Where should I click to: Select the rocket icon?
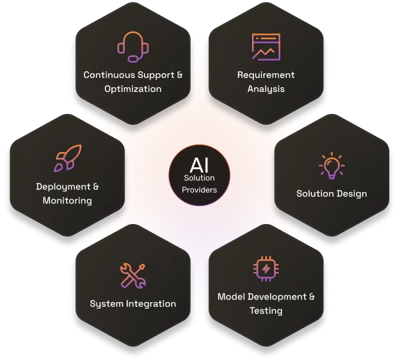click(68, 158)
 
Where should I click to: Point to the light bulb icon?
click(331, 166)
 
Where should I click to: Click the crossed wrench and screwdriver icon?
click(133, 276)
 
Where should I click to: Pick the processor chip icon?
click(266, 269)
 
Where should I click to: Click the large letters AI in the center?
click(199, 165)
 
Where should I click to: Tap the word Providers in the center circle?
click(199, 190)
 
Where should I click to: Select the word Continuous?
click(109, 75)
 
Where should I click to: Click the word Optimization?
click(133, 89)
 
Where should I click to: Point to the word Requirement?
click(266, 75)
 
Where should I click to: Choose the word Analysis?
click(266, 89)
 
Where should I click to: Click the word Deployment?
click(63, 187)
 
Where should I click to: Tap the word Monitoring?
click(67, 201)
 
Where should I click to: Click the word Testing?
click(266, 311)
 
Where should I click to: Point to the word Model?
click(231, 297)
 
